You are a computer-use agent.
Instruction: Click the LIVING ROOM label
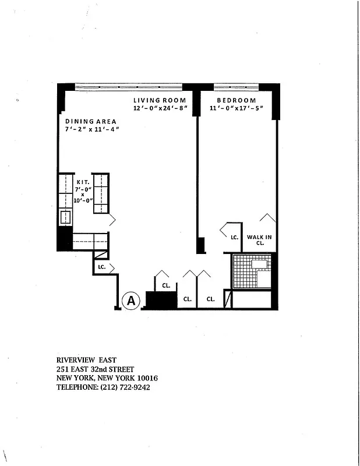(159, 100)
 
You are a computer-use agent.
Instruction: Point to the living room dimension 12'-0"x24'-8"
(159, 108)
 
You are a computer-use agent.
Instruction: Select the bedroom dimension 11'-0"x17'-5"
(236, 108)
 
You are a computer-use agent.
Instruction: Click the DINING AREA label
(90, 121)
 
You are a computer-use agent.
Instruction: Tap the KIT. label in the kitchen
(82, 182)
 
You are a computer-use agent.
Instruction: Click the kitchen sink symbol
(65, 218)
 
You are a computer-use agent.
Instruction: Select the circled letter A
(132, 301)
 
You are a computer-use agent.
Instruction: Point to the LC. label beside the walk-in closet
(234, 238)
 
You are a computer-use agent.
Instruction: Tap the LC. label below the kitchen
(101, 267)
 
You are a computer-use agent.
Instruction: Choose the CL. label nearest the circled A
(166, 286)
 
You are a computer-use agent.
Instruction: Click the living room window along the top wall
(129, 87)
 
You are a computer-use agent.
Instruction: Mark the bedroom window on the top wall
(236, 87)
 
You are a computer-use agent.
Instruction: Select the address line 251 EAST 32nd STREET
(95, 369)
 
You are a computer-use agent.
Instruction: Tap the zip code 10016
(146, 378)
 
